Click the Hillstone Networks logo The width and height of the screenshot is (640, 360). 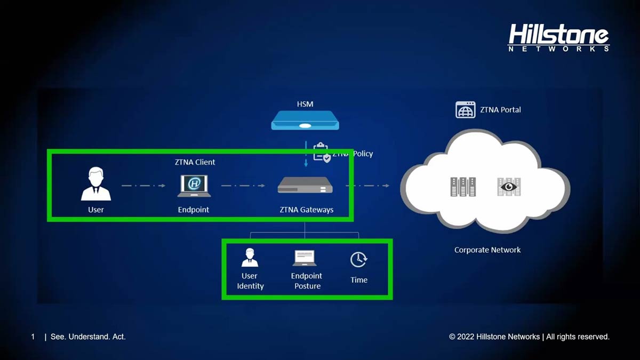click(558, 38)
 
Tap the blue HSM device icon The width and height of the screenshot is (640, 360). click(305, 121)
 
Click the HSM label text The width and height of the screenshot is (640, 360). click(305, 104)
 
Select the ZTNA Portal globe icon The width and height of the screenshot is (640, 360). click(465, 110)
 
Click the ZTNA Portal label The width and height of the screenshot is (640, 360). click(500, 110)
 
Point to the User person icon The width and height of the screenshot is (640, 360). click(96, 184)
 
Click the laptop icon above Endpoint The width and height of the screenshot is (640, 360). click(194, 185)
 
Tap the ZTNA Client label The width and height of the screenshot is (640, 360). click(195, 162)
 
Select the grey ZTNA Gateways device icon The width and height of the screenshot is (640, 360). click(305, 185)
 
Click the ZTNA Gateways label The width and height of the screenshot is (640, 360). click(307, 210)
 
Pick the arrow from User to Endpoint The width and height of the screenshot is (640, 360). click(143, 186)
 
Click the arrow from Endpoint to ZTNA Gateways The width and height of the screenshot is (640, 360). click(243, 186)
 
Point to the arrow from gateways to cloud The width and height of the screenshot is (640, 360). click(367, 186)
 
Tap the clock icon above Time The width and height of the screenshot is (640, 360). click(359, 259)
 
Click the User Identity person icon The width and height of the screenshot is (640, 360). click(250, 258)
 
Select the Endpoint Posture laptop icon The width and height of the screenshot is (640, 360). click(305, 258)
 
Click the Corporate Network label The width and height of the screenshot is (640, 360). click(487, 250)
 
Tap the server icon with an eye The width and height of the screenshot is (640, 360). click(509, 186)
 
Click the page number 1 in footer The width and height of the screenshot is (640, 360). click(33, 337)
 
